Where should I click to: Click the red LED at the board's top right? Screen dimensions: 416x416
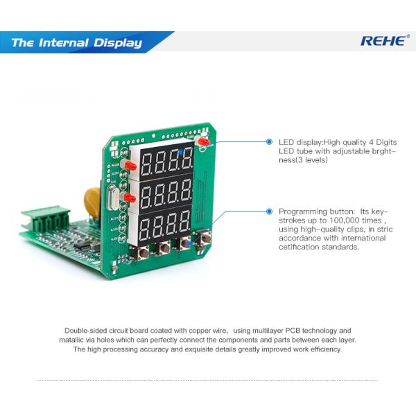click(203, 141)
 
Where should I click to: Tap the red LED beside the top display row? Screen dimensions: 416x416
click(129, 167)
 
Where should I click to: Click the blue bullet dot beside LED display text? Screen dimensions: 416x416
click(270, 142)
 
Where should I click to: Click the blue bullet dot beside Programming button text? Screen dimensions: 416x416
click(270, 211)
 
